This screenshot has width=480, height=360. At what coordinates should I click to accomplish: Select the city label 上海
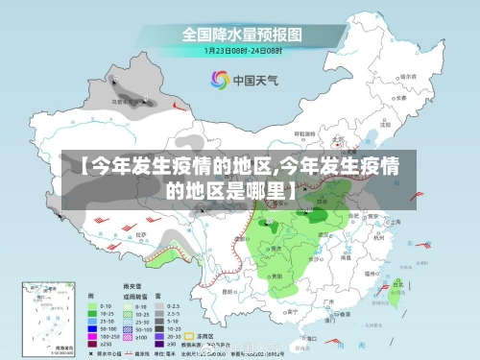394,221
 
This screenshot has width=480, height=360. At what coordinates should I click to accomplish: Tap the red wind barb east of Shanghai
419,223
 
